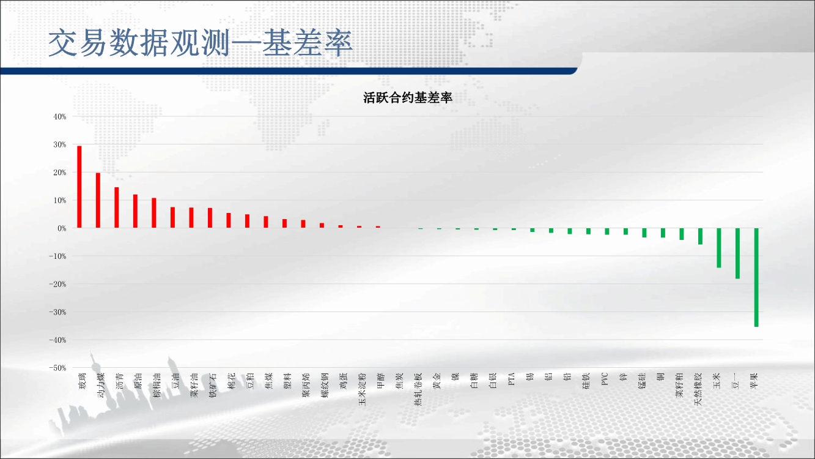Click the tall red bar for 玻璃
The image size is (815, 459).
click(x=79, y=187)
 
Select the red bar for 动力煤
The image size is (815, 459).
click(x=98, y=200)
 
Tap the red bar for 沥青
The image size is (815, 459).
click(x=116, y=207)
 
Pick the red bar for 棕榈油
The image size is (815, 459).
click(x=154, y=213)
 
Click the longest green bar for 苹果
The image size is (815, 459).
click(x=756, y=278)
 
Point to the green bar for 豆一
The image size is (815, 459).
click(x=737, y=253)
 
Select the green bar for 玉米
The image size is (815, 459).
click(x=719, y=248)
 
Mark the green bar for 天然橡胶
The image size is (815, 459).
click(x=700, y=236)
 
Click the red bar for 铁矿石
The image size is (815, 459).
click(x=210, y=218)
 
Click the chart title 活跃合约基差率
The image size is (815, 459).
click(x=407, y=98)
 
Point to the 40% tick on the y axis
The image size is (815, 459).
click(x=60, y=116)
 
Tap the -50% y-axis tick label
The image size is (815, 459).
click(x=57, y=368)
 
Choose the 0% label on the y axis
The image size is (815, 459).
click(x=62, y=228)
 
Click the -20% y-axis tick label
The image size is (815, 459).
click(x=57, y=284)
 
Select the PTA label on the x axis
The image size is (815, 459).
click(x=511, y=379)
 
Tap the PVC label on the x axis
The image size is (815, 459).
click(x=605, y=379)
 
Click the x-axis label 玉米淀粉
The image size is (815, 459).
click(x=363, y=389)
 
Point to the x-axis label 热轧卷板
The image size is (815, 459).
click(x=418, y=389)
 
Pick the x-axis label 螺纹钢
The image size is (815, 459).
click(x=325, y=385)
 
